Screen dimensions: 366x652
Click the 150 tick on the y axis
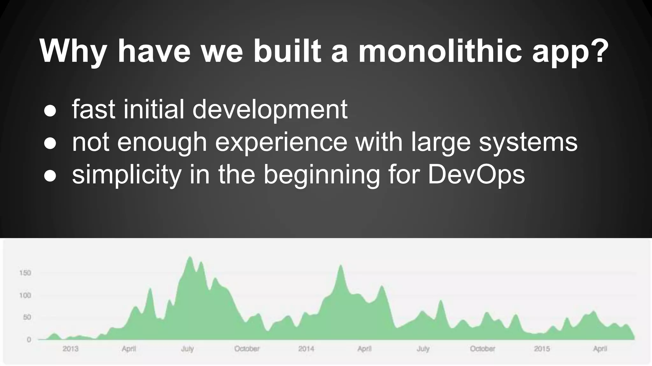(x=25, y=273)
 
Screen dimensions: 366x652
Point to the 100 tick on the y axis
(x=25, y=295)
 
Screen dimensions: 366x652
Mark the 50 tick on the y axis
(x=27, y=317)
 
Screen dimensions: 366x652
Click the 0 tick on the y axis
(x=29, y=340)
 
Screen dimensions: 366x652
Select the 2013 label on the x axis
(x=70, y=349)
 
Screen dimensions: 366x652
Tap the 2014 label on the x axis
(x=306, y=349)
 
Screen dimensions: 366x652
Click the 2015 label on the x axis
(x=542, y=349)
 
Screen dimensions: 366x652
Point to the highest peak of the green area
(x=190, y=257)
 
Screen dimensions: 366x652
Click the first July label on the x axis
(x=188, y=349)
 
